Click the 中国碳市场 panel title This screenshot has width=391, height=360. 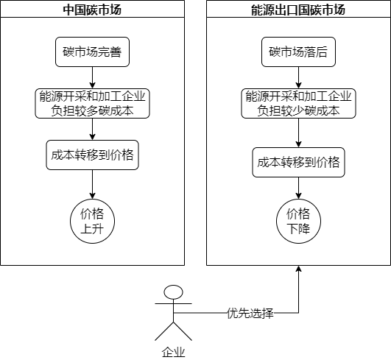92,10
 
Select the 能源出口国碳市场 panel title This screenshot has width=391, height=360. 298,10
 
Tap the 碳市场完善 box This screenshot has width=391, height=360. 92,52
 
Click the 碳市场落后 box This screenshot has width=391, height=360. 298,52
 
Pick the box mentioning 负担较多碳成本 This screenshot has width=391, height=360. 92,104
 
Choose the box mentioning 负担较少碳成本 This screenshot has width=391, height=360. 298,104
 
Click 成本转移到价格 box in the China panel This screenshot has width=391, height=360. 92,155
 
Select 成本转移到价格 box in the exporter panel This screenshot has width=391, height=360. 298,163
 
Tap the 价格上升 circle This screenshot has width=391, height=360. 92,221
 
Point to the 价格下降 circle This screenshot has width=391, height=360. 298,221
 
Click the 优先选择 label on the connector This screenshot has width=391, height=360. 250,313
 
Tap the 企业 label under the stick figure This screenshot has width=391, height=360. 173,352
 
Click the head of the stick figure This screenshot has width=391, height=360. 173,292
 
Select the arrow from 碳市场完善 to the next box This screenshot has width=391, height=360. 92,77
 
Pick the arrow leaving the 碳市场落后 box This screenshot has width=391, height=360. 298,77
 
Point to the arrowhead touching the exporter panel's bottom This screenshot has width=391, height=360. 298,270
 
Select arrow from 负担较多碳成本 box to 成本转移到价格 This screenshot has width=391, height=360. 92,129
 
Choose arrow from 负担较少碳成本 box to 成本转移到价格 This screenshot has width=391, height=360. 298,133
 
